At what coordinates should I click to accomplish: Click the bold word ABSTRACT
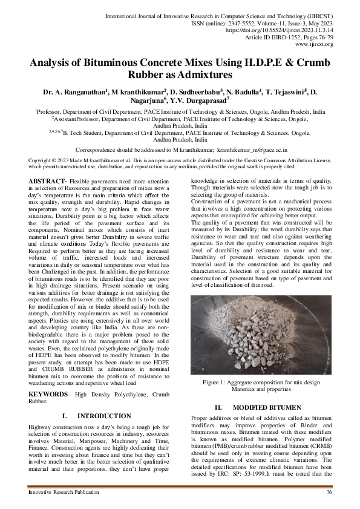48,182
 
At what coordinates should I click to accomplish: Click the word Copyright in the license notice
41,160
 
